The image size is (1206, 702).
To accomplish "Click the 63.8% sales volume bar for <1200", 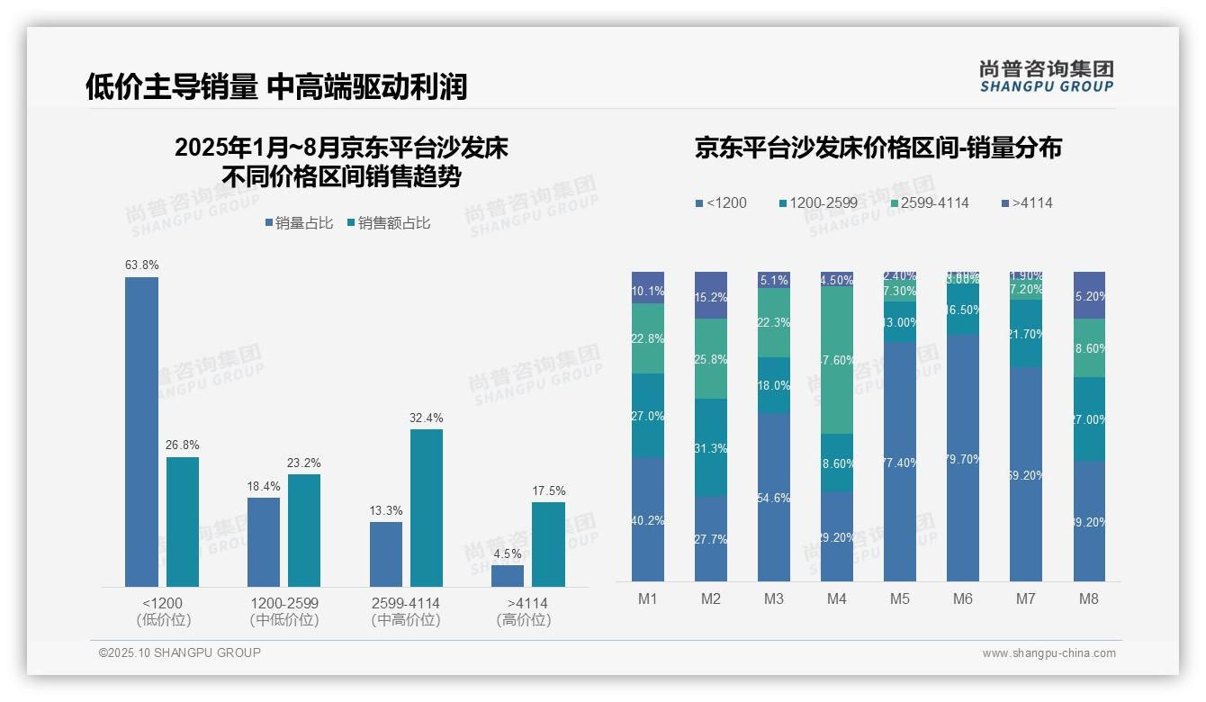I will [x=141, y=432].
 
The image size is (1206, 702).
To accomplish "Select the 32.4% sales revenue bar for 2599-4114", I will [x=427, y=508].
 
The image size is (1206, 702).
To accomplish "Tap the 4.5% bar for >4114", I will [x=508, y=576].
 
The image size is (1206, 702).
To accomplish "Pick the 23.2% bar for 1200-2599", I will [x=304, y=530].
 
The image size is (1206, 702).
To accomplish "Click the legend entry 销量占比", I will [x=298, y=223].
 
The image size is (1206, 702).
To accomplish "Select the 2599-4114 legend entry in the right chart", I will [x=928, y=203].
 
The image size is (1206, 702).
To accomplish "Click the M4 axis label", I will [x=837, y=598].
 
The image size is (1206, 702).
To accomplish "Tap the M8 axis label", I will [x=1089, y=598].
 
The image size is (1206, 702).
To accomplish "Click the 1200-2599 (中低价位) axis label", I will [x=284, y=611].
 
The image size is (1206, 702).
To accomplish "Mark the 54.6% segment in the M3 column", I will [x=774, y=497].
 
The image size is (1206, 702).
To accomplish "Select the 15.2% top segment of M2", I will [x=711, y=295].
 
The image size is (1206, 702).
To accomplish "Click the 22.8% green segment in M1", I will [x=648, y=338].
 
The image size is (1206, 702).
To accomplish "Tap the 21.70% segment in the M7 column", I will [x=1026, y=334].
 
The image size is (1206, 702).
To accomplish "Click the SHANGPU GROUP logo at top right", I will [x=1046, y=76].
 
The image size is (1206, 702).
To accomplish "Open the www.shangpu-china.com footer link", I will [x=1048, y=653].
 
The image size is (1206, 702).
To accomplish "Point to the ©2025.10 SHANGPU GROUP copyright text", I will [x=180, y=652].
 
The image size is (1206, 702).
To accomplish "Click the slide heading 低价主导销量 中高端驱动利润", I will [x=276, y=86].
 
